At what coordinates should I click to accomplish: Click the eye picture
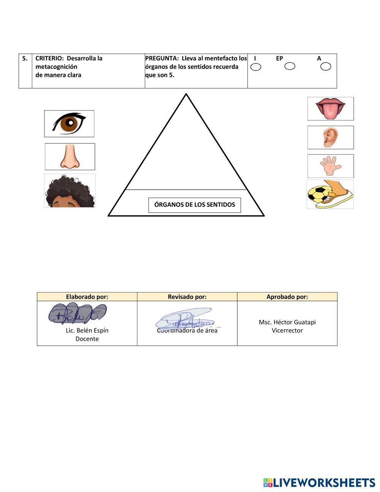(x=69, y=124)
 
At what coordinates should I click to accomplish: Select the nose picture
(x=70, y=157)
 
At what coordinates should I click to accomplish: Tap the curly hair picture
(x=70, y=191)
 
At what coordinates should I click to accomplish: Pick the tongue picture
(x=330, y=109)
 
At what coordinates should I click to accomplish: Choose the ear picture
(x=330, y=138)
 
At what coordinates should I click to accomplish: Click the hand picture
(x=330, y=166)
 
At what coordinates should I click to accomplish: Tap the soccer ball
(x=317, y=195)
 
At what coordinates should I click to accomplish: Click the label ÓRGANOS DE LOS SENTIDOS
(x=195, y=205)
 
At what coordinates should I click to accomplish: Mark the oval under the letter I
(x=256, y=67)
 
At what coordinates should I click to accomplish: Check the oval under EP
(x=290, y=67)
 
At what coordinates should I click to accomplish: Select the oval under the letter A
(x=326, y=67)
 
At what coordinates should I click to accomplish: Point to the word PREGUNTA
(x=161, y=59)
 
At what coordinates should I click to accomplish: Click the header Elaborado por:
(x=87, y=297)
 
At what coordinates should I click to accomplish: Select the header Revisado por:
(x=187, y=297)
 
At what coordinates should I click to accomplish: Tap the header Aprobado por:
(x=287, y=297)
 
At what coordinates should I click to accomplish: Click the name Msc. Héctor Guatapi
(x=287, y=322)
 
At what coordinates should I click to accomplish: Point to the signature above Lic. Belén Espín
(x=78, y=314)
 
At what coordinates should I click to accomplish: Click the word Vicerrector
(x=287, y=331)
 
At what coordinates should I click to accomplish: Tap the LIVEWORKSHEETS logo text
(x=324, y=483)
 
